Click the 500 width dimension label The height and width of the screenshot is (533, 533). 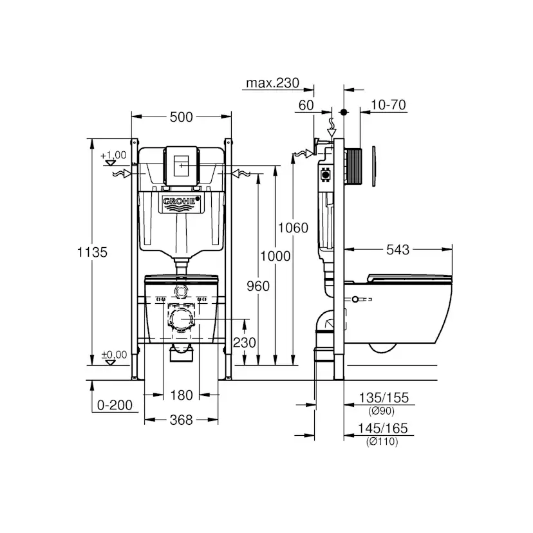(181, 117)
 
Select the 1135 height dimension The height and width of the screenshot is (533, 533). (92, 252)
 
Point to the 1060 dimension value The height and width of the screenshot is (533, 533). (293, 228)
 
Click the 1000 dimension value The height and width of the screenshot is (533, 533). (276, 256)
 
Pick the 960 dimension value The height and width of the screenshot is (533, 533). (258, 286)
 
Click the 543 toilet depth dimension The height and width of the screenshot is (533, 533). (398, 250)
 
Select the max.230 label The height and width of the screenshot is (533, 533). (273, 83)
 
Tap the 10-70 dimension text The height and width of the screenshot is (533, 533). (388, 105)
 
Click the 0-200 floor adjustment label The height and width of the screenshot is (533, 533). (115, 405)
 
